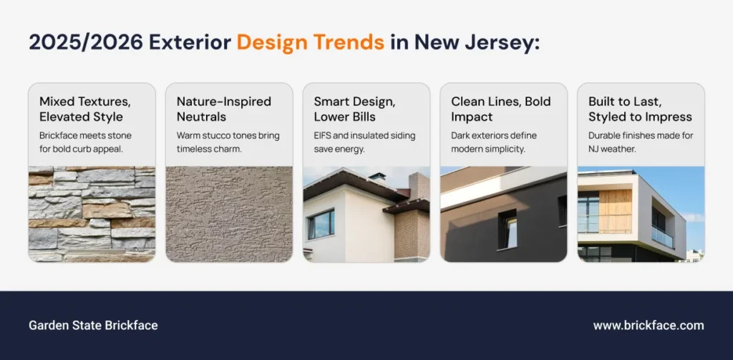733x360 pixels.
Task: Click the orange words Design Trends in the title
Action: [311, 42]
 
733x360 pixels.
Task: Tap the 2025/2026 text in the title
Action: [86, 42]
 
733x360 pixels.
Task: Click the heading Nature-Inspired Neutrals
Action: [224, 109]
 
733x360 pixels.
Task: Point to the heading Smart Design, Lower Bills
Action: [354, 109]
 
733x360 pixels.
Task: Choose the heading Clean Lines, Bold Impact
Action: [501, 109]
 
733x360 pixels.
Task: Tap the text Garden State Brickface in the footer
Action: [93, 326]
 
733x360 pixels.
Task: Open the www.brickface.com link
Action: [649, 326]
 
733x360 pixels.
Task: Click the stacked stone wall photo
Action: [92, 214]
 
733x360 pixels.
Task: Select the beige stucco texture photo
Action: [229, 214]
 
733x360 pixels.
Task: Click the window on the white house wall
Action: [321, 224]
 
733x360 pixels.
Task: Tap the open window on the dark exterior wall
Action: [508, 229]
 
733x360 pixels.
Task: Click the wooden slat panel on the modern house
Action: [615, 211]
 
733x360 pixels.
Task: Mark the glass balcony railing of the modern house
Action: [663, 237]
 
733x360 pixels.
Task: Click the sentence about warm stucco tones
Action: [228, 142]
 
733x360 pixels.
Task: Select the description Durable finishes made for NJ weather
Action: [641, 142]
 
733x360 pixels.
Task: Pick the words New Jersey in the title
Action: [477, 43]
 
